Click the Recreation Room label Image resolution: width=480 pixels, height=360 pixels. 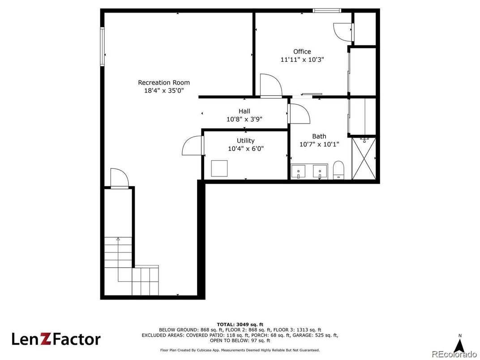[x=164, y=83]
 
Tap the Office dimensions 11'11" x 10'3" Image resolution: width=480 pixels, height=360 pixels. [x=302, y=60]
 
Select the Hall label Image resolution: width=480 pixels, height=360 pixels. [x=244, y=111]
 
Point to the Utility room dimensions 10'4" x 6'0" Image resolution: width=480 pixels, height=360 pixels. [x=246, y=149]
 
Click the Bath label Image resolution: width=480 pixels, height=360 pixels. [x=319, y=136]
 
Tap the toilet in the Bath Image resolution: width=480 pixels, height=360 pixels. [x=339, y=170]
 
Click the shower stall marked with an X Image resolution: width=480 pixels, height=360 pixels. [x=364, y=159]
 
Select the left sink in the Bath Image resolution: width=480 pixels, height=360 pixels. [x=298, y=172]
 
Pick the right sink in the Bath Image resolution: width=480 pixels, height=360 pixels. [x=320, y=172]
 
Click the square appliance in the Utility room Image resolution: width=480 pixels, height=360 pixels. [x=219, y=168]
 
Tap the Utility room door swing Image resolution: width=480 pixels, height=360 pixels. [x=192, y=146]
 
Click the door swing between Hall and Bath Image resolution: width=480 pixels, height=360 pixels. [x=299, y=114]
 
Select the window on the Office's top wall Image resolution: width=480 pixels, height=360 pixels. [x=327, y=11]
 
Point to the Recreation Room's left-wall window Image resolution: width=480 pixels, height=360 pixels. [x=102, y=47]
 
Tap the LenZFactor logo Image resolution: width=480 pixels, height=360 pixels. [x=56, y=339]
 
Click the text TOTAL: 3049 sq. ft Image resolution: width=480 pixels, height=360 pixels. [x=240, y=325]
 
